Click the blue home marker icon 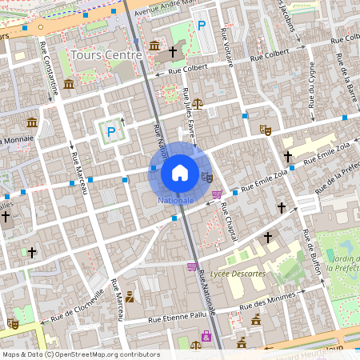click(x=179, y=172)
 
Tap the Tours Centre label click(x=106, y=55)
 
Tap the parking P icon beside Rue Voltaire click(x=202, y=26)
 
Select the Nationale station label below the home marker click(x=176, y=200)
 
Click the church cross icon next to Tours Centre click(x=173, y=50)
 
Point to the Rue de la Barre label click(x=346, y=84)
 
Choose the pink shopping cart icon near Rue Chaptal click(x=218, y=194)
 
